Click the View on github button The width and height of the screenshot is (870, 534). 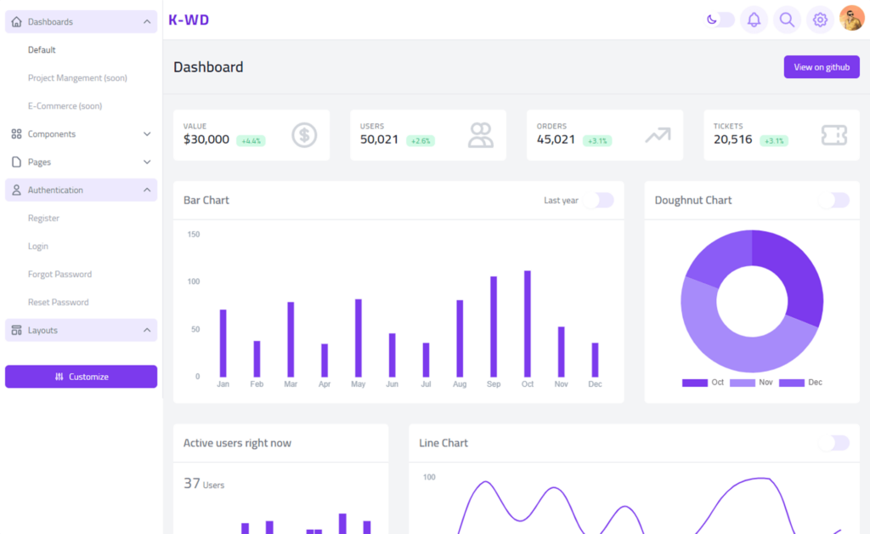click(x=821, y=67)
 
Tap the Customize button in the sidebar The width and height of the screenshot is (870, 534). click(x=81, y=377)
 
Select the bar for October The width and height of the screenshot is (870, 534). click(x=528, y=324)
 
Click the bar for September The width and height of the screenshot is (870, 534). click(x=494, y=327)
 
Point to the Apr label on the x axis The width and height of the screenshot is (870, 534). click(x=324, y=384)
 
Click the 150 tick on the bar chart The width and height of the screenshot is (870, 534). click(x=193, y=234)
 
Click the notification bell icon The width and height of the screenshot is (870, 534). click(x=754, y=20)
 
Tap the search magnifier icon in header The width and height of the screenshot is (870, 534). click(x=787, y=20)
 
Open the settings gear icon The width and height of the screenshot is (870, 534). click(x=820, y=20)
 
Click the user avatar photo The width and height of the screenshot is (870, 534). click(x=851, y=19)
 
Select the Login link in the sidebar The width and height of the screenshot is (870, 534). click(x=38, y=247)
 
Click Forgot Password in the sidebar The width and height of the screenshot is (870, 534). click(x=59, y=275)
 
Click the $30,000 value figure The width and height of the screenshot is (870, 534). click(x=206, y=139)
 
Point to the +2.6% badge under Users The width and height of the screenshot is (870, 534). click(x=421, y=141)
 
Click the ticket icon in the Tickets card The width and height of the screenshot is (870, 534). click(x=833, y=135)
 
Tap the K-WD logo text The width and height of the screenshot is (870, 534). click(x=189, y=20)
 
